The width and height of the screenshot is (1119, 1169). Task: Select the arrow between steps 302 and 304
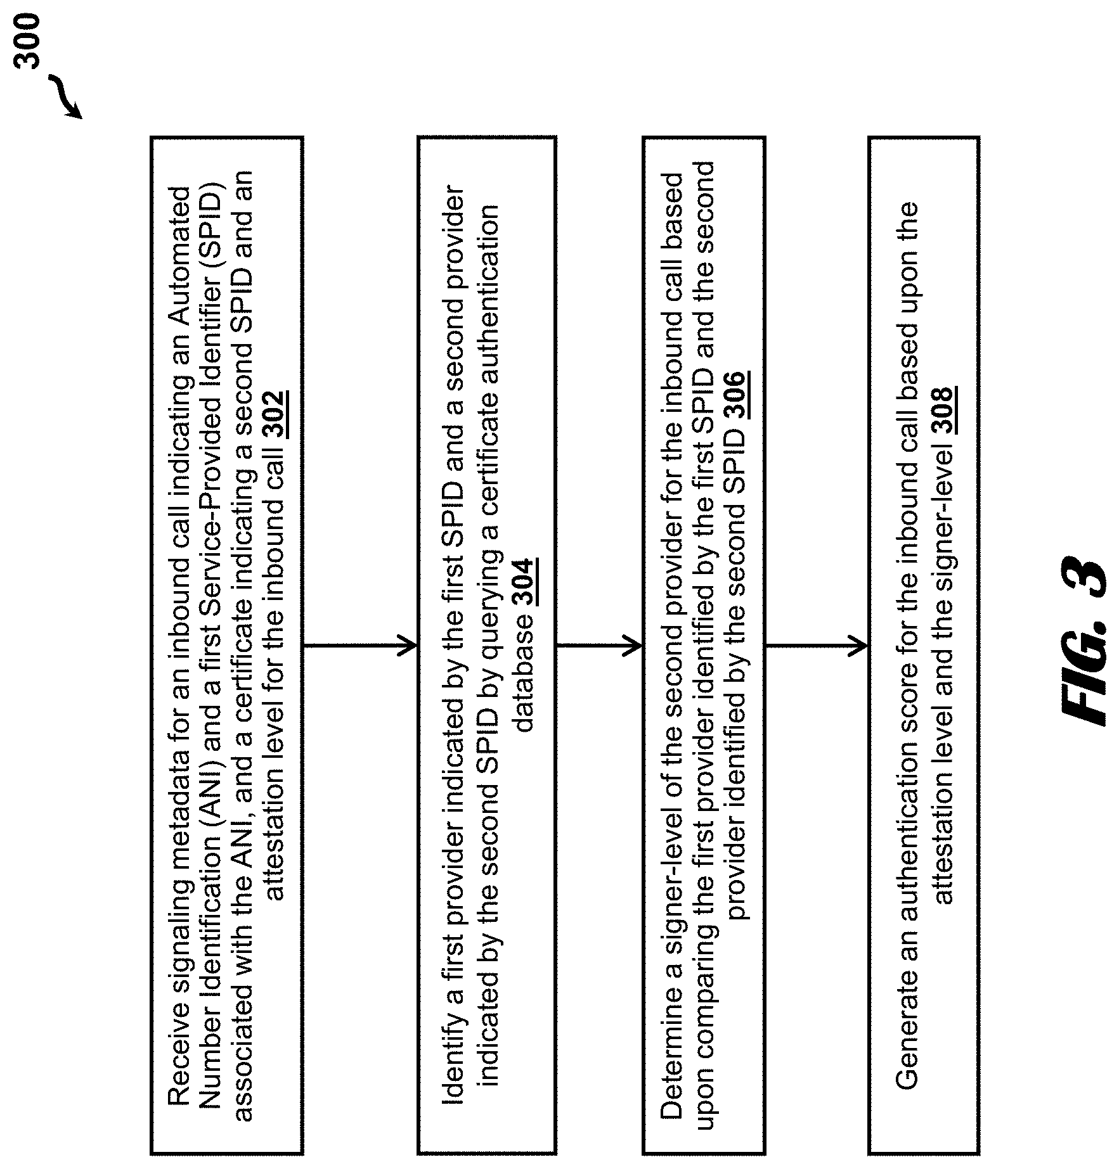click(359, 646)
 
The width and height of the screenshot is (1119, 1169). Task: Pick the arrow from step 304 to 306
click(598, 646)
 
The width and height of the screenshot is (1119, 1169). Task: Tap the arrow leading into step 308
click(816, 646)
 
